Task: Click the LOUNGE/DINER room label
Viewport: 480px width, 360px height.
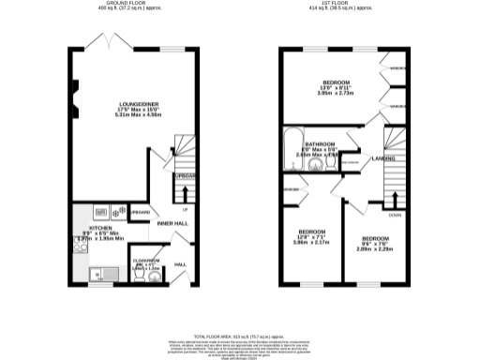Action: pos(130,104)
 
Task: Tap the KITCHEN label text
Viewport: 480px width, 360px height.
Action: pos(100,228)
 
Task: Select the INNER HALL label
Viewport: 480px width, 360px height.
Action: pos(172,223)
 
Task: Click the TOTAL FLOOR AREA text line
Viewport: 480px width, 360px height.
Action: pos(239,335)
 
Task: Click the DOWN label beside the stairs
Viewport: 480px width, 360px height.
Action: pos(397,214)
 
